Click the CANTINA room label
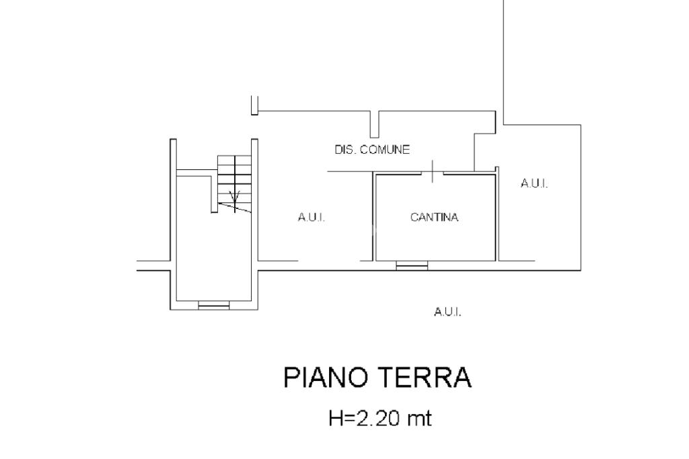(x=434, y=217)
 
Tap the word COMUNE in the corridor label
(x=385, y=150)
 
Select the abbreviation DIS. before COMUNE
(x=346, y=150)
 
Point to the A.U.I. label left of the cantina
(x=312, y=217)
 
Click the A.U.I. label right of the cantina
(x=534, y=183)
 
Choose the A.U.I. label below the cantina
(x=447, y=311)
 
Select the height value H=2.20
(x=363, y=419)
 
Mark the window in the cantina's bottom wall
(x=412, y=267)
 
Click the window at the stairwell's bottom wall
(x=213, y=306)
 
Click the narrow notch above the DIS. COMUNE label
(x=374, y=124)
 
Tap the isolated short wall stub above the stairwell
(x=254, y=106)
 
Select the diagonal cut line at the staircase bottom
(x=235, y=208)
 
